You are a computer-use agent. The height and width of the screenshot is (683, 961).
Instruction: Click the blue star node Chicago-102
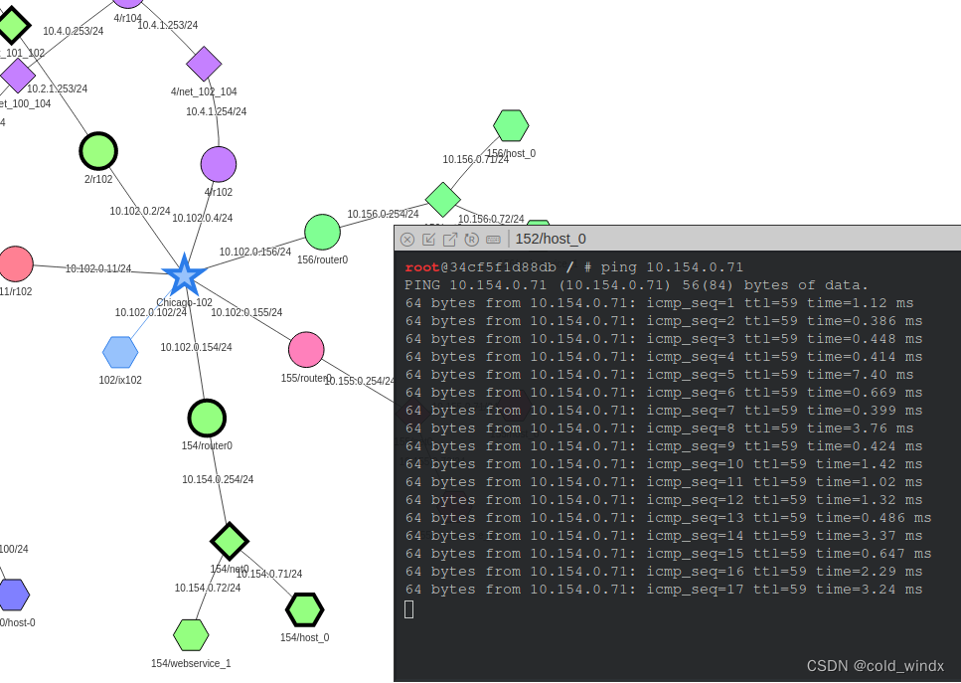pos(184,275)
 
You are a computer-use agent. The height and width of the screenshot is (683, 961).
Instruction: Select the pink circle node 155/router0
pos(306,350)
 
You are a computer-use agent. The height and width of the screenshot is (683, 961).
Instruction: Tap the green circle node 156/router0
pos(322,233)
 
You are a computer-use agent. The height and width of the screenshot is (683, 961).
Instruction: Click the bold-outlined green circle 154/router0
pos(207,419)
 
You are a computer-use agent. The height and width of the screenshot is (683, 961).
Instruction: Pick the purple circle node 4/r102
pos(219,165)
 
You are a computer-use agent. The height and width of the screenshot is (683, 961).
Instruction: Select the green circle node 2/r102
pos(98,151)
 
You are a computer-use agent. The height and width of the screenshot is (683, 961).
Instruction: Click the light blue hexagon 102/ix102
pos(120,352)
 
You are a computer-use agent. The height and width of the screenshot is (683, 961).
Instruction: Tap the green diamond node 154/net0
pos(230,542)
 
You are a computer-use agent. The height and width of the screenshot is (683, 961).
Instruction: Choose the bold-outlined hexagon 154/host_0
pos(304,609)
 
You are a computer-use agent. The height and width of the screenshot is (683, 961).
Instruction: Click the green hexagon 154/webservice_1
pos(191,634)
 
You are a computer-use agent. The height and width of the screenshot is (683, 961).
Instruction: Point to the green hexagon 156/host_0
pos(511,125)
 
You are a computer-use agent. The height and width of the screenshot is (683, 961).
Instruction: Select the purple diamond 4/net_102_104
pos(204,64)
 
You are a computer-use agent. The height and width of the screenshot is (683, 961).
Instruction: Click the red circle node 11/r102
pos(15,264)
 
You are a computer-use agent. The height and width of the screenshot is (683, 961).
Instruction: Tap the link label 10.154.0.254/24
pos(218,479)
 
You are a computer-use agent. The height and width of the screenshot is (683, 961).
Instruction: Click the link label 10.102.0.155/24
pos(246,312)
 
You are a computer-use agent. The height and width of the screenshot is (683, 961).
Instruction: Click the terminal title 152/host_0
pos(551,239)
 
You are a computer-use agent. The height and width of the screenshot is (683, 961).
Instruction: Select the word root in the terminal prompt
pos(422,267)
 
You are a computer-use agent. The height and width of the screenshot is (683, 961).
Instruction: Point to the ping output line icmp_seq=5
pos(659,375)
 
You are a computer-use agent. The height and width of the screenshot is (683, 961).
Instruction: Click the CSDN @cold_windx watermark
pos(875,665)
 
